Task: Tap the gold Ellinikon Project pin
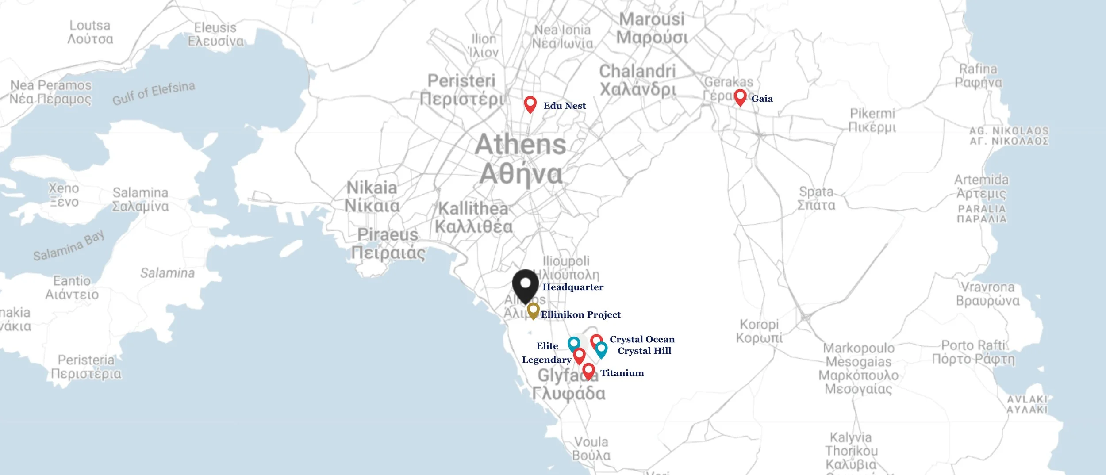533,310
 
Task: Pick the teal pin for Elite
573,343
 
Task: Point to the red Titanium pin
588,371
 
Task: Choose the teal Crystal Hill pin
601,349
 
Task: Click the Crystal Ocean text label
642,339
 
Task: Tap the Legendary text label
546,360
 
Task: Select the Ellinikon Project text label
580,314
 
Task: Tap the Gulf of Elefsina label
154,93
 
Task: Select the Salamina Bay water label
69,245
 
